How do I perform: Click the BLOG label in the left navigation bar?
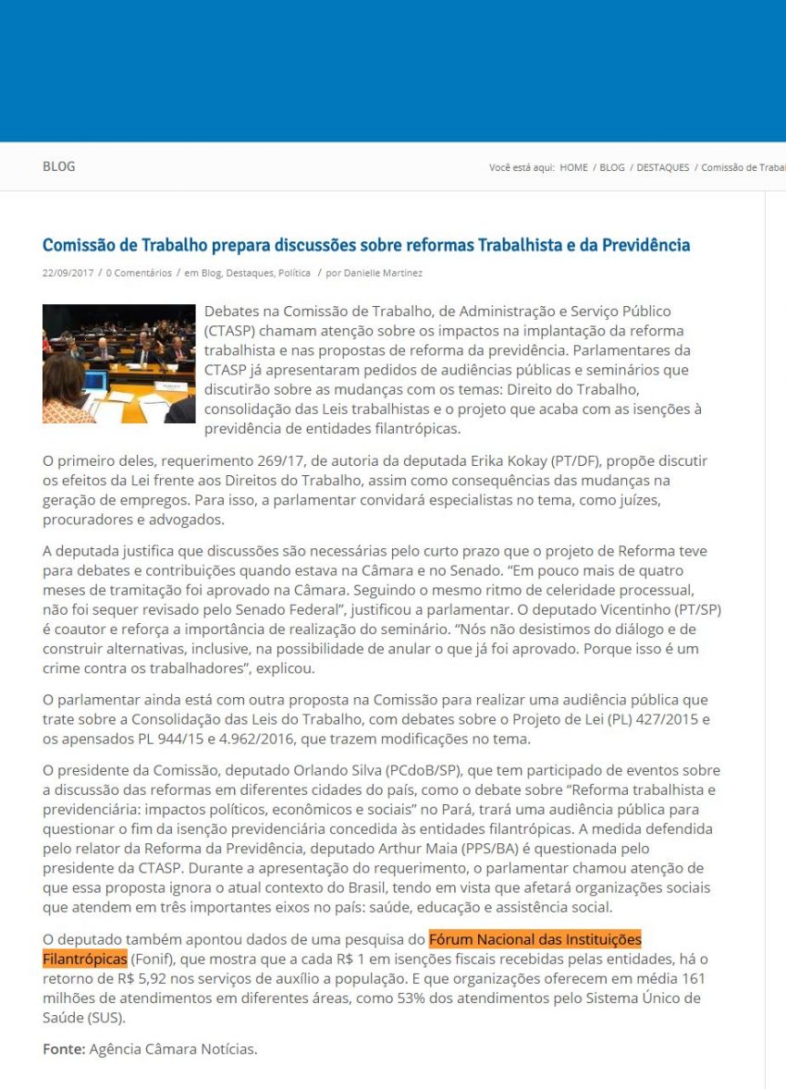click(x=59, y=166)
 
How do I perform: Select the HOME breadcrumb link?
click(x=573, y=167)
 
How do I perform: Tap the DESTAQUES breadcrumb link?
click(x=662, y=167)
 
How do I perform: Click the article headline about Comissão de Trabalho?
click(x=366, y=245)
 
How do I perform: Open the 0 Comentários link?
click(x=139, y=273)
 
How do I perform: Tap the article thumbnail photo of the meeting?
click(x=118, y=363)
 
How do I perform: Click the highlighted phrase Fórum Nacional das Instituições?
click(x=534, y=940)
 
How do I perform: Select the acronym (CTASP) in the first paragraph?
click(x=232, y=330)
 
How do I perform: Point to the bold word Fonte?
click(x=64, y=1049)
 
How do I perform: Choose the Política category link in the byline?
click(x=294, y=273)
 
